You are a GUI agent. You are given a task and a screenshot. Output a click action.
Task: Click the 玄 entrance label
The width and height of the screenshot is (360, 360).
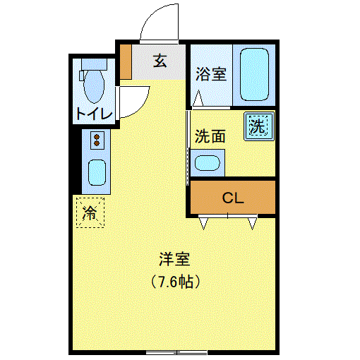160,61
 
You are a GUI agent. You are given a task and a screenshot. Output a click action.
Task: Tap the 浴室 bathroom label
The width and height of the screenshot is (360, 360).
211,74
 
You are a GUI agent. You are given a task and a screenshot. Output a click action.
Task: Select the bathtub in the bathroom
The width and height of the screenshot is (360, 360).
254,74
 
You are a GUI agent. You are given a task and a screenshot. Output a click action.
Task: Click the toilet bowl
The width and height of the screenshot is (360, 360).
94,86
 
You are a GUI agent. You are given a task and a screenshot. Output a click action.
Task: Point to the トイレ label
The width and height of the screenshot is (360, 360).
94,114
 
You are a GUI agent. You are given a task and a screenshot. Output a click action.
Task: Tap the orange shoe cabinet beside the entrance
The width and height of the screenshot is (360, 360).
126,62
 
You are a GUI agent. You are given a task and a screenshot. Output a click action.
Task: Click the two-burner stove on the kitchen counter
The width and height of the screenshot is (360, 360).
97,140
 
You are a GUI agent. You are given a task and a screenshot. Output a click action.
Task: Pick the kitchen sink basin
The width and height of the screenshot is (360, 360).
97,172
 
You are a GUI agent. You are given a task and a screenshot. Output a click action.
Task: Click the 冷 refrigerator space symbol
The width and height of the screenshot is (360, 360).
90,213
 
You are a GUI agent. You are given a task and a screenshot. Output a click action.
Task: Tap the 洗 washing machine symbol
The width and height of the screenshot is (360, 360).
259,126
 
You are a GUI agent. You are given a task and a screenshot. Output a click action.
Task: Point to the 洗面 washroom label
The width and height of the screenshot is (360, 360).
210,136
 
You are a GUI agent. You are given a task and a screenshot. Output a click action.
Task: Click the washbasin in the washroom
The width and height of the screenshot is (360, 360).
208,163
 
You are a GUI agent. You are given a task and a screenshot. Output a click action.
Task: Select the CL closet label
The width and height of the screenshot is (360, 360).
233,198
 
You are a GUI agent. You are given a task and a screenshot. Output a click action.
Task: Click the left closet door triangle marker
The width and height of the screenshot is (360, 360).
203,223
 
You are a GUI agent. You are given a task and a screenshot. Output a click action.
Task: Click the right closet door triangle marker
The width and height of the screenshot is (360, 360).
253,223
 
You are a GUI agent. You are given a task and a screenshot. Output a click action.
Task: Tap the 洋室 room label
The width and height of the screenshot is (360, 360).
174,259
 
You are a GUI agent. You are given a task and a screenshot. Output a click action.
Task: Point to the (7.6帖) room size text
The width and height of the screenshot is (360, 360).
175,282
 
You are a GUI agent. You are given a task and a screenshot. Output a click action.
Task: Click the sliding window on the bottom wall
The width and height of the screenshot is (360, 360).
176,352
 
